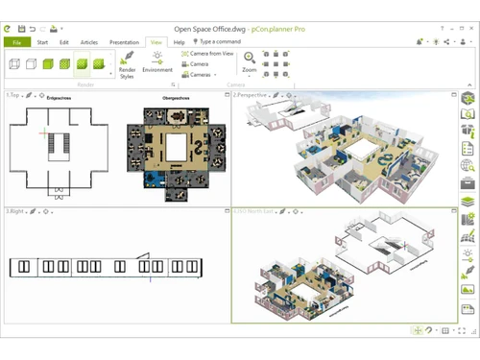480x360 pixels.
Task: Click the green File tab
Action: (16, 42)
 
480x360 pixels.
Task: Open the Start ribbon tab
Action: (43, 42)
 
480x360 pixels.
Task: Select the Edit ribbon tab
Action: (64, 42)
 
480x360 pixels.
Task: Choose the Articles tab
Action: (89, 42)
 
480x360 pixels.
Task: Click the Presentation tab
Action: (124, 42)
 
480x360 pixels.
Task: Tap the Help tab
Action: (179, 42)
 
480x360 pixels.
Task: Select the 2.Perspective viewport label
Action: (251, 95)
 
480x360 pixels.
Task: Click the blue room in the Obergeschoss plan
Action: (149, 179)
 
